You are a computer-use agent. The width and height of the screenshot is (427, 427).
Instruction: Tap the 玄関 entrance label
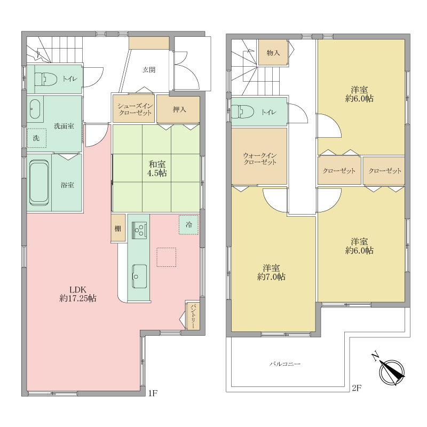coord(149,70)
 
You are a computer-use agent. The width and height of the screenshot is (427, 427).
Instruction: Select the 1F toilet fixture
coord(46,78)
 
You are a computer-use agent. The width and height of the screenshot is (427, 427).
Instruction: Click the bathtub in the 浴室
coord(39,182)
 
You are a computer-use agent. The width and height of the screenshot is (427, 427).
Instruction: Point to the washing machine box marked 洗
coord(36,138)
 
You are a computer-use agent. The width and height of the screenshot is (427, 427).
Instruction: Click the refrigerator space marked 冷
coord(188,225)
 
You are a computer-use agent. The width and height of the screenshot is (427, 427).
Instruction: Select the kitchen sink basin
coord(139,276)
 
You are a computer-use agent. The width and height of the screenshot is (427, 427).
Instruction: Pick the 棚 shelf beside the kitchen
coord(118,228)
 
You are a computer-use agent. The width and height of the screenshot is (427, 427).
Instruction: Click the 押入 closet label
coord(179,109)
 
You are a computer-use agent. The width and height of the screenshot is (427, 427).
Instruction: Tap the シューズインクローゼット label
coord(135,109)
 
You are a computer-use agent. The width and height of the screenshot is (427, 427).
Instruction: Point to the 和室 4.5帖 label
coord(157,169)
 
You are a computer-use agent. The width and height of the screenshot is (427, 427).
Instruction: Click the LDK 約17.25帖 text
coord(78,294)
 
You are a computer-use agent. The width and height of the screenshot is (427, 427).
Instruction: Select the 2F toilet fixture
coord(243,112)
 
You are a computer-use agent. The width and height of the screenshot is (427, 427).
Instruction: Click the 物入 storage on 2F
coord(273,52)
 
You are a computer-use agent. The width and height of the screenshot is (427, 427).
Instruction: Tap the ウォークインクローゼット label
coord(260,159)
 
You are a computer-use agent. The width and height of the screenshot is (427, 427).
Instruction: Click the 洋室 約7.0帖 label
coord(271,272)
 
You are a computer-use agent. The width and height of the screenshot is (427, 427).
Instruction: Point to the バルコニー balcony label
coord(285,364)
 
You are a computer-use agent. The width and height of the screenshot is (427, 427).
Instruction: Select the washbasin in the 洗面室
coord(35,109)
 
